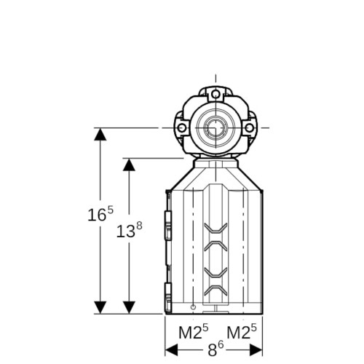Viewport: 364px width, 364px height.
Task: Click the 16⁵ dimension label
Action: [x=100, y=214]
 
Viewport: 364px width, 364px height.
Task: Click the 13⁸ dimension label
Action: [x=129, y=230]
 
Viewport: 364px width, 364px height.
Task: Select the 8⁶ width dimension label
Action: [x=215, y=349]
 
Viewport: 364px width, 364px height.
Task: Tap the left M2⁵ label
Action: [x=194, y=332]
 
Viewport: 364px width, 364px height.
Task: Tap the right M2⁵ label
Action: [x=242, y=332]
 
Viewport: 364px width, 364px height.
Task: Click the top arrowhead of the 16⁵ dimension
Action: [x=100, y=134]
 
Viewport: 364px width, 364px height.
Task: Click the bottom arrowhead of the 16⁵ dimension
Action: [x=100, y=307]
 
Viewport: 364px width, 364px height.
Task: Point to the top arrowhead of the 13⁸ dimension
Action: [x=129, y=165]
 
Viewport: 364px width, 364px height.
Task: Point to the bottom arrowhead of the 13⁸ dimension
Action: [x=129, y=307]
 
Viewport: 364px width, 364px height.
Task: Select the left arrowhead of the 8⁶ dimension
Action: [x=171, y=350]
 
